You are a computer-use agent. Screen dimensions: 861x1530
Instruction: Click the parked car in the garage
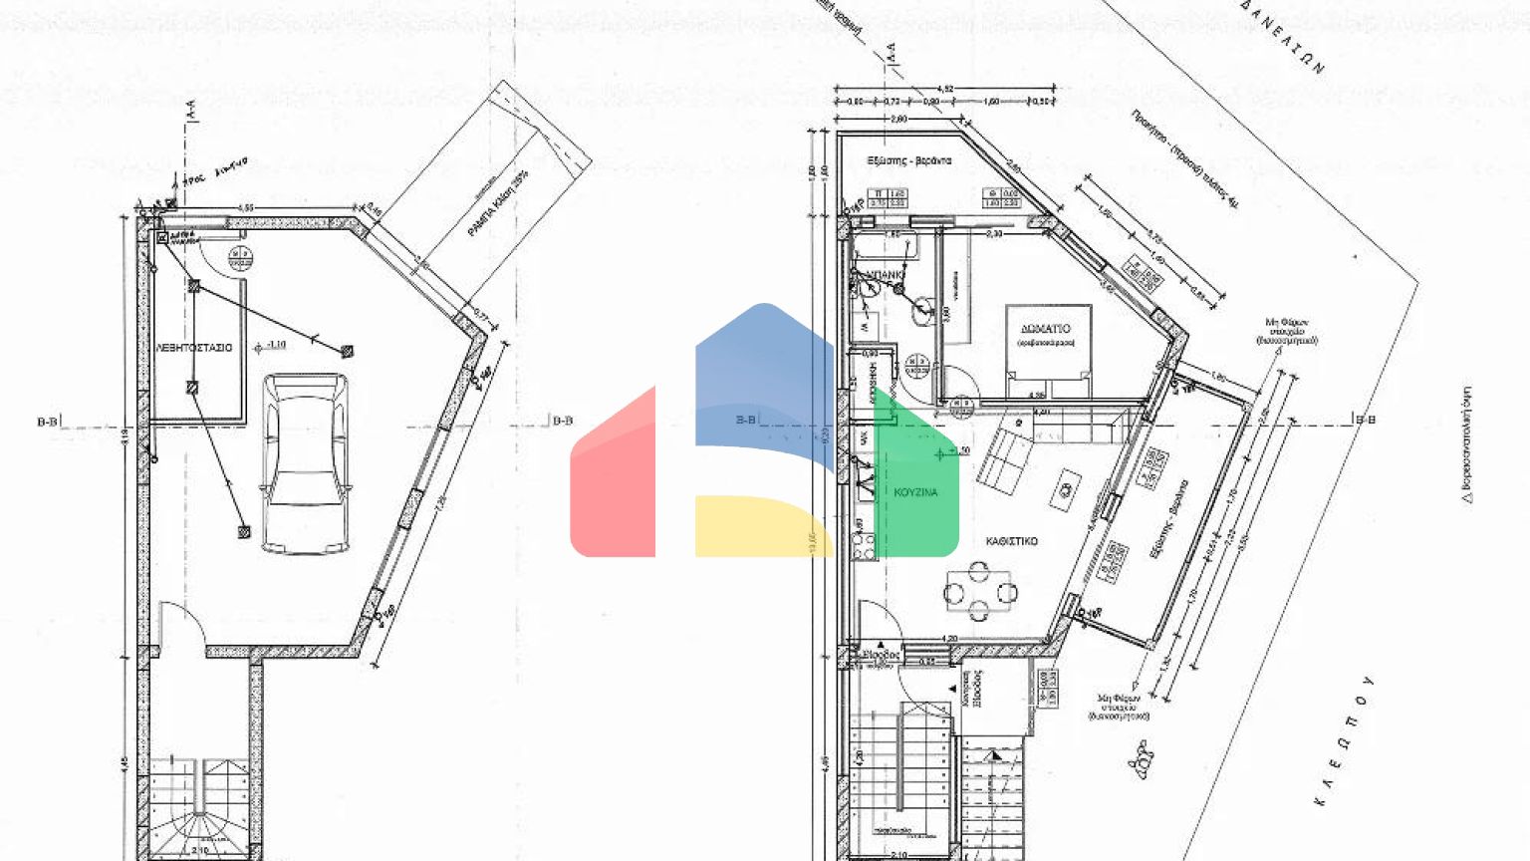(305, 463)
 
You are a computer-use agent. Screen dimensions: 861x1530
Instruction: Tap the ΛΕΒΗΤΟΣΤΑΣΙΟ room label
(194, 348)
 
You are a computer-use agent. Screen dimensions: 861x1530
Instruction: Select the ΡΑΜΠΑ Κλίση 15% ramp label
(498, 203)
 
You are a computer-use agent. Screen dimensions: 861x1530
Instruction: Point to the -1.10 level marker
(271, 346)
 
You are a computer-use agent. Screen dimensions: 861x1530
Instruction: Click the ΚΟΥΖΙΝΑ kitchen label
(915, 492)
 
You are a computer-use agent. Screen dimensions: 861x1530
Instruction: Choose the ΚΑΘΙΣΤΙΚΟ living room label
(1011, 541)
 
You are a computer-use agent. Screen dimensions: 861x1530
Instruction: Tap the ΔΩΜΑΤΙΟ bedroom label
(1045, 329)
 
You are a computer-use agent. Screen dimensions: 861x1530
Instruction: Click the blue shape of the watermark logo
(762, 384)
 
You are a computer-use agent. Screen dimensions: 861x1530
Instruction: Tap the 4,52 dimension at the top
(946, 90)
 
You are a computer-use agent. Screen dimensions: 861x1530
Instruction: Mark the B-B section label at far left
(47, 422)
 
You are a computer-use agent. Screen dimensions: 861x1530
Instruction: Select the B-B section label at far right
(1365, 420)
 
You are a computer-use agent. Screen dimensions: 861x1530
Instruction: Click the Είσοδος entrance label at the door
(881, 655)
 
